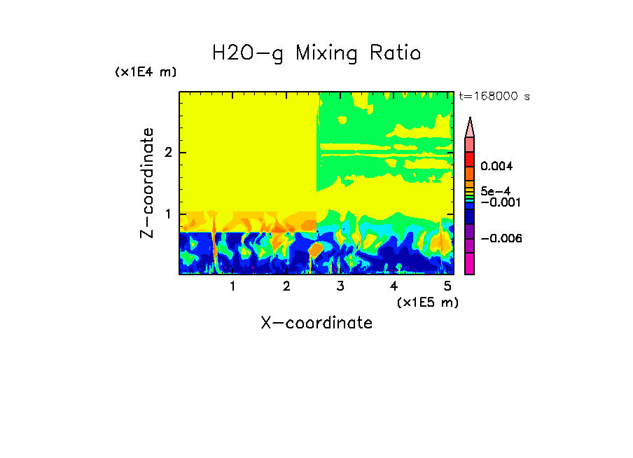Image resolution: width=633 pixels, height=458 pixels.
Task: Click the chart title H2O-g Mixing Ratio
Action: [x=316, y=53]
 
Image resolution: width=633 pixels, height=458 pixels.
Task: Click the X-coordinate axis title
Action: [x=316, y=323]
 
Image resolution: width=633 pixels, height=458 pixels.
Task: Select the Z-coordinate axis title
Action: [x=147, y=183]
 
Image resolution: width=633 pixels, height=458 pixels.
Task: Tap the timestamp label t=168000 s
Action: [x=494, y=96]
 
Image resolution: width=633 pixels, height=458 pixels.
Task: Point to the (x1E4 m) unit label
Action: [x=146, y=72]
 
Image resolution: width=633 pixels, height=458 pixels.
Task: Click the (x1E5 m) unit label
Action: [x=427, y=303]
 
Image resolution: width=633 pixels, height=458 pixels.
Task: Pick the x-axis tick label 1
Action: [x=232, y=286]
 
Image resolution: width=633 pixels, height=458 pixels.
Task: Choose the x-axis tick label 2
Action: [x=286, y=286]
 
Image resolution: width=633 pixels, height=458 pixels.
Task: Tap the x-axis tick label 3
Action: [x=340, y=286]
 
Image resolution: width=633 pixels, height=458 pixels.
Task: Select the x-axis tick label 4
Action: [x=394, y=286]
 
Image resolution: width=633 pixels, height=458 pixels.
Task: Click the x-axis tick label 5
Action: [x=447, y=286]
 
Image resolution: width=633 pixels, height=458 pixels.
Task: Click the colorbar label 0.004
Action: [x=497, y=167]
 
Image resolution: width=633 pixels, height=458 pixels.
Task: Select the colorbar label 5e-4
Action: [x=494, y=191]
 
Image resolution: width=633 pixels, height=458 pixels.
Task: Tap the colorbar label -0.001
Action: [x=497, y=202]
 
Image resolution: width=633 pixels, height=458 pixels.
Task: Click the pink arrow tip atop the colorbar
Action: [x=470, y=127]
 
